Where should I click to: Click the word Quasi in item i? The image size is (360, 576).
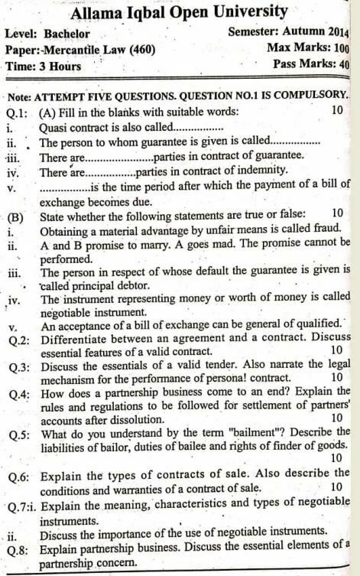coord(54,126)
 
